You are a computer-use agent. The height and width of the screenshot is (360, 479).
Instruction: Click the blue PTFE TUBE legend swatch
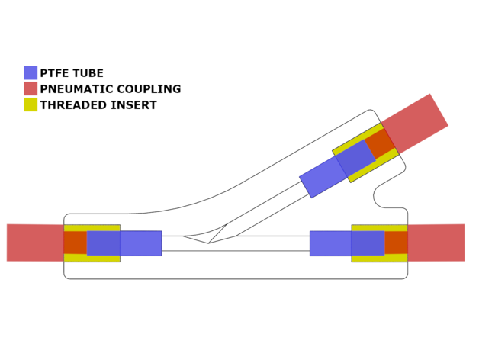pyautogui.click(x=31, y=73)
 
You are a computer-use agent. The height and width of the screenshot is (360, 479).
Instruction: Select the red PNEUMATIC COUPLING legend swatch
pyautogui.click(x=31, y=89)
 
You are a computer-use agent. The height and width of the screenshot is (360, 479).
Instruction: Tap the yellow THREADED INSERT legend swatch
pyautogui.click(x=31, y=105)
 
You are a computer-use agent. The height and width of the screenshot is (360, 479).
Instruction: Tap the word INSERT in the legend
pyautogui.click(x=136, y=105)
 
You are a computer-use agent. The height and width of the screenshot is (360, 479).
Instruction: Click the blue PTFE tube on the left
pyautogui.click(x=141, y=243)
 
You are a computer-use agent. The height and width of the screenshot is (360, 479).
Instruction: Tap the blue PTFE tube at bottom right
pyautogui.click(x=330, y=243)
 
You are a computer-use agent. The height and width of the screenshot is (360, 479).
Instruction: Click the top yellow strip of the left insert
pyautogui.click(x=92, y=228)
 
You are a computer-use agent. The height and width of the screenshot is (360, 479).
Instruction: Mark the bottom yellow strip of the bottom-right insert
pyautogui.click(x=379, y=259)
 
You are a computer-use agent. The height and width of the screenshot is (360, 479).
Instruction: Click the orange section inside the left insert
pyautogui.click(x=75, y=243)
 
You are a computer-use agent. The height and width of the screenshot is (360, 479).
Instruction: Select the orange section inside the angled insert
pyautogui.click(x=381, y=145)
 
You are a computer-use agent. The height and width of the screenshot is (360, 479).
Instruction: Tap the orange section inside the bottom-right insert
pyautogui.click(x=396, y=243)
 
